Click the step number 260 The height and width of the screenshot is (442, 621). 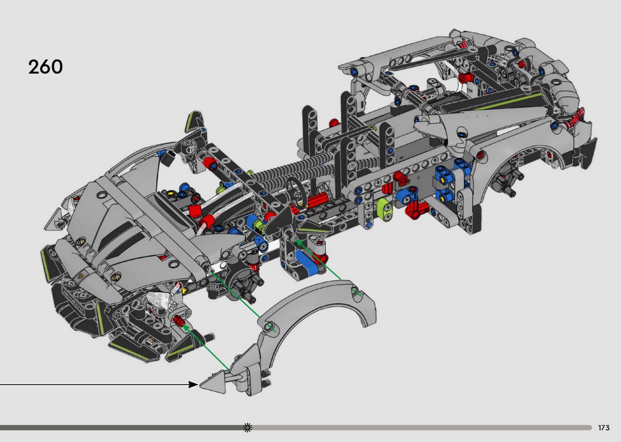point(46,67)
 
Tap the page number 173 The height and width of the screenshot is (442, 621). point(604,427)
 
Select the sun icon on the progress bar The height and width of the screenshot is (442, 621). point(247,427)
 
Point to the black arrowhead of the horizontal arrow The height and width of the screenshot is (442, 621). point(193,385)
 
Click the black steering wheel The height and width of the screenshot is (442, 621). point(296,193)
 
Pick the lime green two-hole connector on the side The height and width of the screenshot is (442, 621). point(385,209)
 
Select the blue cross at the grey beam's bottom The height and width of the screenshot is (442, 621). point(368,224)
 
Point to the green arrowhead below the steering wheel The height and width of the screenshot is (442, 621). point(298,242)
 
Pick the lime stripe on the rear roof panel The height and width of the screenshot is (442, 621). point(507,102)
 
